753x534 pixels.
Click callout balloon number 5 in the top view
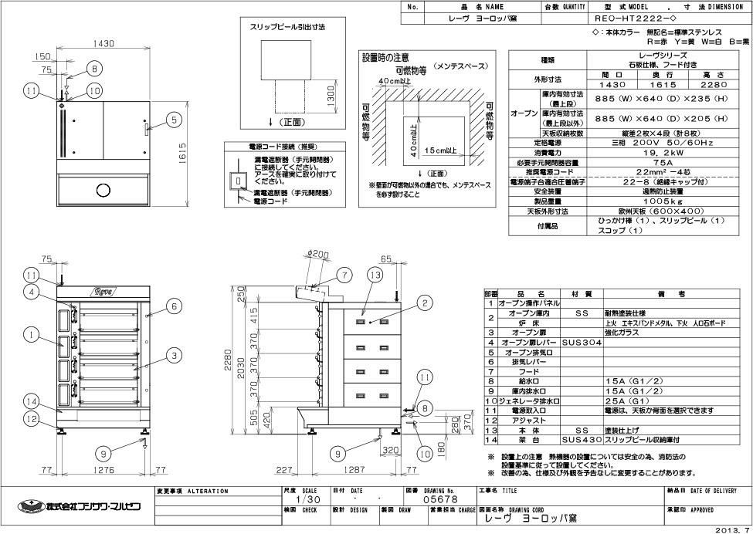tap(174, 120)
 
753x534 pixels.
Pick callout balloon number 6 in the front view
tap(175, 306)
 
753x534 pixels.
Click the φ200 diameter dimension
tap(317, 254)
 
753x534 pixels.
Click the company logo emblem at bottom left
tap(28, 506)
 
